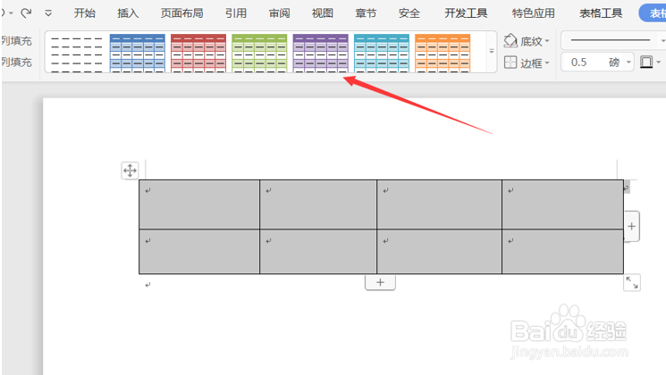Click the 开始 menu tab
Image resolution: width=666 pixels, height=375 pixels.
point(85,12)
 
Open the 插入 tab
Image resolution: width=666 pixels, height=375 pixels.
point(128,12)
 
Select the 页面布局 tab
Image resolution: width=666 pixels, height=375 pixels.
point(181,12)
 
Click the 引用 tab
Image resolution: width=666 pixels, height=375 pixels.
point(236,12)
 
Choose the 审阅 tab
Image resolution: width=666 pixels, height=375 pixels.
point(279,12)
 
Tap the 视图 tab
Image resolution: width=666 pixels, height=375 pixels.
point(322,12)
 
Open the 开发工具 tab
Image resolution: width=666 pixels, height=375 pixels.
point(466,12)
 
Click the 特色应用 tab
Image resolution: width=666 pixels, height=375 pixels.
point(533,12)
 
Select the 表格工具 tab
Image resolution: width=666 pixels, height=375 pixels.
point(601,12)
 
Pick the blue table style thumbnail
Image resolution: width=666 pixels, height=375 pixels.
point(137,53)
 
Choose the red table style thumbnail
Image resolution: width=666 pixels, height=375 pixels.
point(198,53)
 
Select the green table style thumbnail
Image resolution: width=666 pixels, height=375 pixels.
point(259,53)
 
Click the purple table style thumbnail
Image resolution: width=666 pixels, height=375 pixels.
point(320,53)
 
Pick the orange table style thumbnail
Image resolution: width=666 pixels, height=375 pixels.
point(443,53)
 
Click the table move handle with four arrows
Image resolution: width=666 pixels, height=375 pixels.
point(130,171)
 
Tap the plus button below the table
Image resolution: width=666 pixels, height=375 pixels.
point(380,282)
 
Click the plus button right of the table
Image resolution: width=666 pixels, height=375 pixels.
point(632,227)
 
